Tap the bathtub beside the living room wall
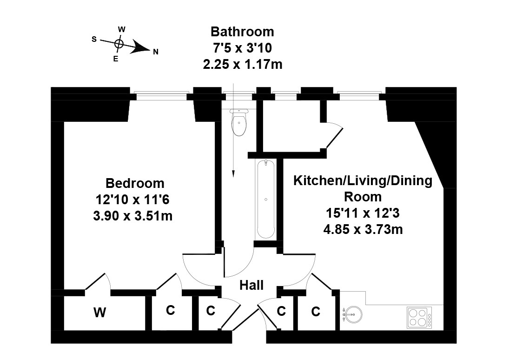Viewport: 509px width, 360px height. point(266,199)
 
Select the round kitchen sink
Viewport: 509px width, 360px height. point(352,314)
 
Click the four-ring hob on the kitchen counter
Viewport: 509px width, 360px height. point(419,317)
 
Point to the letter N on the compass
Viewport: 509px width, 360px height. point(156,52)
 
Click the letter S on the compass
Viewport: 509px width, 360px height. point(94,40)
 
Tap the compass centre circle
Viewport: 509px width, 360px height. point(119,43)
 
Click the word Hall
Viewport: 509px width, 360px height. point(251,285)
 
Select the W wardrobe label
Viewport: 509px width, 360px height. point(99,313)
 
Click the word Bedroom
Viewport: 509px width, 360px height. point(135,183)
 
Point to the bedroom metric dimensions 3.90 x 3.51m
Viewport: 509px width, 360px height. point(133,216)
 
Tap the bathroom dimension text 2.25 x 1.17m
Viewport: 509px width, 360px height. point(243,64)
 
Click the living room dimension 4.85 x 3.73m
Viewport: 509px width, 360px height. point(363,229)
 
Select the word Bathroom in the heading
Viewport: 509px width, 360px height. point(242,32)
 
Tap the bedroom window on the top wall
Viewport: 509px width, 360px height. point(162,96)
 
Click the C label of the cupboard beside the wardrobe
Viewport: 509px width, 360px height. point(171,310)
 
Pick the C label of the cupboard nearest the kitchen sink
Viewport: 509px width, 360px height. point(316,312)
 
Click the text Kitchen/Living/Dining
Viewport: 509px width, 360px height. point(363,180)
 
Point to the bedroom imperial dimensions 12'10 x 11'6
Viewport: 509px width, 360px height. point(132,200)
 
